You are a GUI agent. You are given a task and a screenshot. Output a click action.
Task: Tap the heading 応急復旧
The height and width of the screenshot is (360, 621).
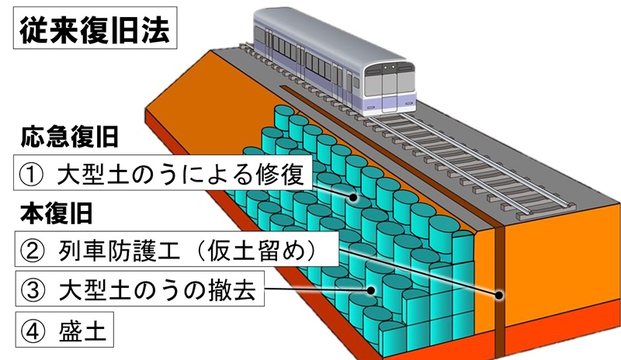70,139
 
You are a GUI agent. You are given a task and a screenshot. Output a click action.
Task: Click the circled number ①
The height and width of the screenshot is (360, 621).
36,174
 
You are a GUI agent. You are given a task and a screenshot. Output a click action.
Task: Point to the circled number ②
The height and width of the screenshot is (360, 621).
36,251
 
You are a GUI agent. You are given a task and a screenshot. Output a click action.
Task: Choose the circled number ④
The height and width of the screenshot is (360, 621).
36,330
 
